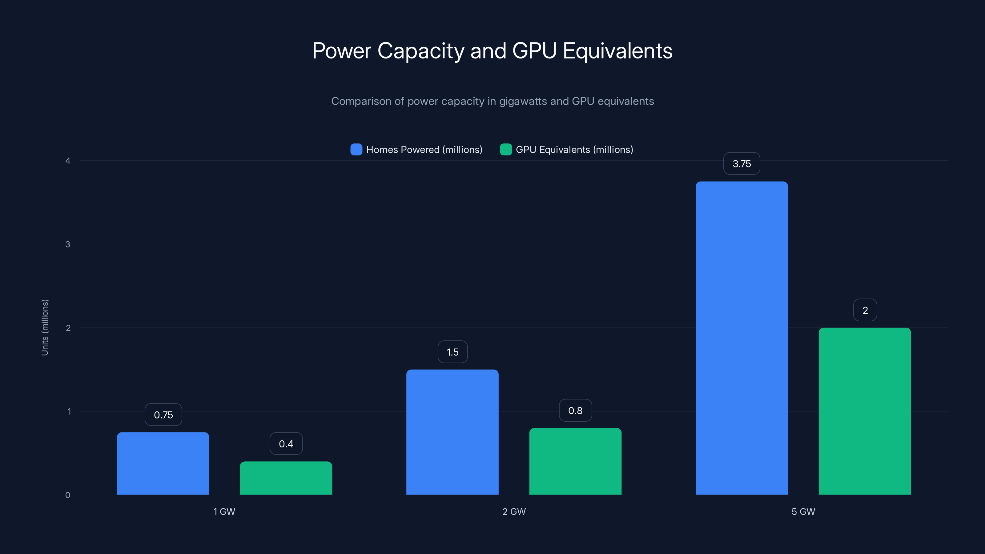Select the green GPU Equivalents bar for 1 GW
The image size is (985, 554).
click(x=286, y=478)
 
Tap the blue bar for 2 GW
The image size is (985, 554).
click(x=452, y=432)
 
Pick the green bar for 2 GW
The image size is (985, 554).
click(x=575, y=461)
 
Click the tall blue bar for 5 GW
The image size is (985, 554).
click(x=742, y=338)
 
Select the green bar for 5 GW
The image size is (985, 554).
click(x=865, y=411)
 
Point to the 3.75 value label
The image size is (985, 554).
click(x=742, y=164)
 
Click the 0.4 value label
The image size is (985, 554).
click(x=286, y=444)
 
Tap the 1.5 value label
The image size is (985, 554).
click(x=452, y=352)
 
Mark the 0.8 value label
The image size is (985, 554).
click(x=575, y=410)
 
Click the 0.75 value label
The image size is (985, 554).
click(x=163, y=415)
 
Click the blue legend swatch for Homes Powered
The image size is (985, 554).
click(x=356, y=150)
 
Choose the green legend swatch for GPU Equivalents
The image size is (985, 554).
click(x=505, y=150)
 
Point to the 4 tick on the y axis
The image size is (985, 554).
click(x=68, y=161)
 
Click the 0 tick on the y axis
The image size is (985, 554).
click(x=68, y=495)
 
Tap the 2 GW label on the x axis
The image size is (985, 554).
click(x=514, y=512)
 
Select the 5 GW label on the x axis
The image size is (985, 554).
click(x=803, y=512)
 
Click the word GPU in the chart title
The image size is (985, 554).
click(x=534, y=51)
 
